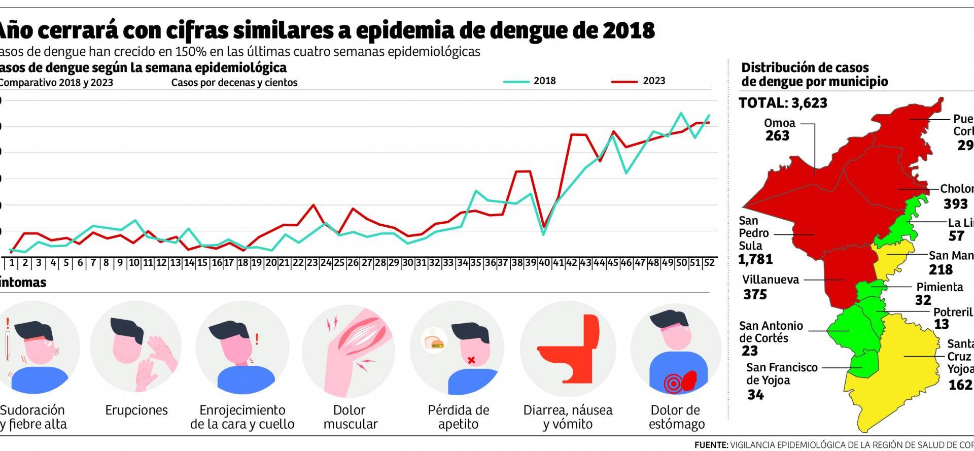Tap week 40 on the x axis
pos(544,263)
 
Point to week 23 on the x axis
pos(312,263)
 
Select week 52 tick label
pos(709,263)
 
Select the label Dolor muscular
pos(350,417)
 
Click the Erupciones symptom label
pos(136,410)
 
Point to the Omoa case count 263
pos(777,136)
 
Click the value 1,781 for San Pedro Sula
pos(756,259)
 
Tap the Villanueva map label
pos(770,280)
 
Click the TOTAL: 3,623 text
pos(783,103)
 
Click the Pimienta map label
pos(940,287)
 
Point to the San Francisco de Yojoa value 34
pos(755,394)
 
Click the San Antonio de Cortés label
pos(771,332)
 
